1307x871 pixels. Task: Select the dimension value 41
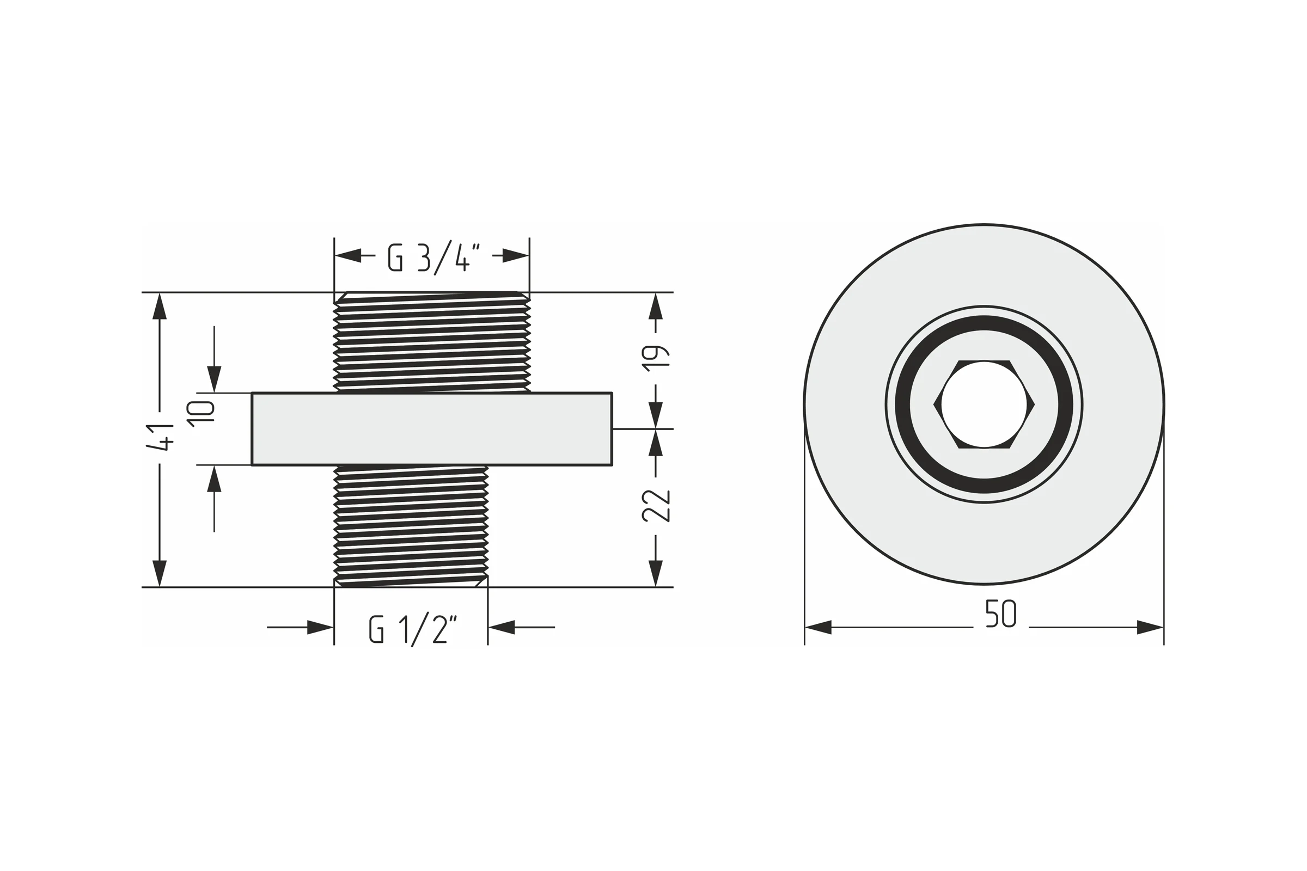tap(160, 438)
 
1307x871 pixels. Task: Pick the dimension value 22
tap(656, 506)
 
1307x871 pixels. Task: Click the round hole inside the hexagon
tap(984, 404)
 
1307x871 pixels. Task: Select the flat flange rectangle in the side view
tap(432, 429)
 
